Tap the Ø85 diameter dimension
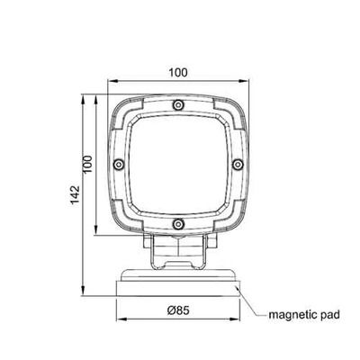tap(178, 312)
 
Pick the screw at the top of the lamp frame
tap(178, 104)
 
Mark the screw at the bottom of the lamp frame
tap(178, 222)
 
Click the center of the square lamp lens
tap(178, 163)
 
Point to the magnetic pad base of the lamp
tap(178, 284)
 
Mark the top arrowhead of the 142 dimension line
tap(82, 93)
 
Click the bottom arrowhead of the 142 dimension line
tap(82, 294)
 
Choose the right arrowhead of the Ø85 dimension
tap(238, 322)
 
